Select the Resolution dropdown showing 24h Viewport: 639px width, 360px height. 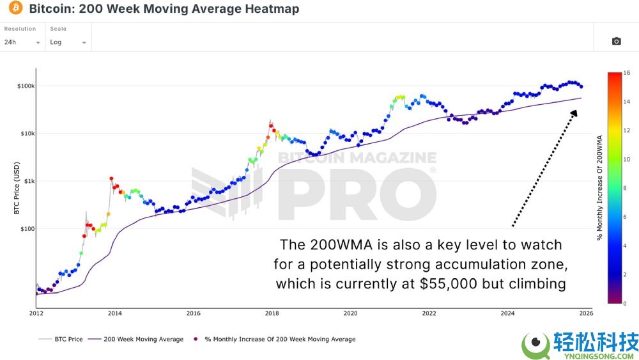pyautogui.click(x=22, y=42)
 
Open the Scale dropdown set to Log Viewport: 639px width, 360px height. pyautogui.click(x=68, y=42)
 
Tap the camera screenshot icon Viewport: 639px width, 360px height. pyautogui.click(x=616, y=41)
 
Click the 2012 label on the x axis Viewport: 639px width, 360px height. pyautogui.click(x=36, y=313)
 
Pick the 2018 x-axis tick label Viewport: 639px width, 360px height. pyautogui.click(x=272, y=313)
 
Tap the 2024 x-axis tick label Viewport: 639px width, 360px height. pyautogui.click(x=508, y=313)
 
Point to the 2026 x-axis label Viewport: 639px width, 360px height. pyautogui.click(x=586, y=313)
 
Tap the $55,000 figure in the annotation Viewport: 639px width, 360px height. pyautogui.click(x=448, y=283)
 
